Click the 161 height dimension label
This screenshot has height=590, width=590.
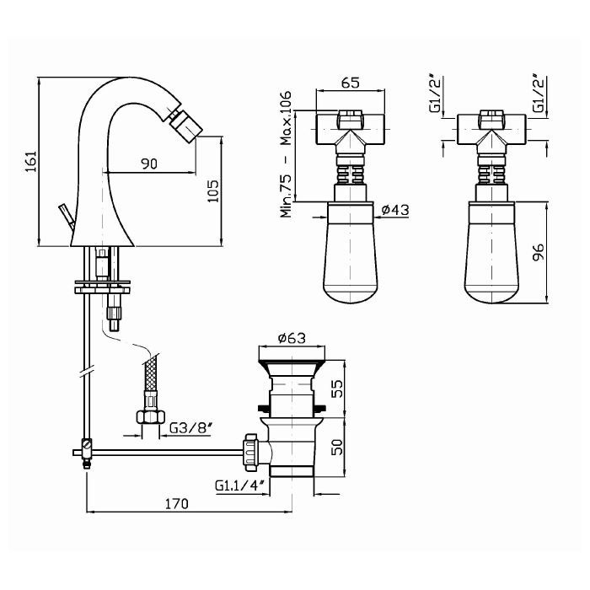click(x=31, y=162)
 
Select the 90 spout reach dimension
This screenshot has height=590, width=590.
click(x=149, y=164)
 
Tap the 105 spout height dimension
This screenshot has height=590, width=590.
click(x=213, y=191)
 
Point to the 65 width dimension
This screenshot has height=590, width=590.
click(x=351, y=83)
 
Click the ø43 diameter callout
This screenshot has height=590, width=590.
click(x=395, y=210)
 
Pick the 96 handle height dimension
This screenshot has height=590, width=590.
click(x=539, y=252)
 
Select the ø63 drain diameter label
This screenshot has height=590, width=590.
click(x=292, y=338)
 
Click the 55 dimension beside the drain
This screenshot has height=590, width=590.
click(x=337, y=389)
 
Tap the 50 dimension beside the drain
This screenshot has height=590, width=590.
click(x=337, y=447)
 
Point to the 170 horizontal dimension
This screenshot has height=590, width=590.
click(x=176, y=503)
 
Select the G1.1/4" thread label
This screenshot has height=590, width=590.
click(x=241, y=485)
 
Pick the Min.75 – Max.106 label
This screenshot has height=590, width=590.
click(x=286, y=154)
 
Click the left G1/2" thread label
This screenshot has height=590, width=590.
click(x=435, y=94)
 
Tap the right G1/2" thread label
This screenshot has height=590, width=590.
click(x=539, y=94)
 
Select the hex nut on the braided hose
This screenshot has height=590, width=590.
click(x=150, y=417)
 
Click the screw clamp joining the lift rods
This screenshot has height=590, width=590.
click(x=87, y=453)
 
